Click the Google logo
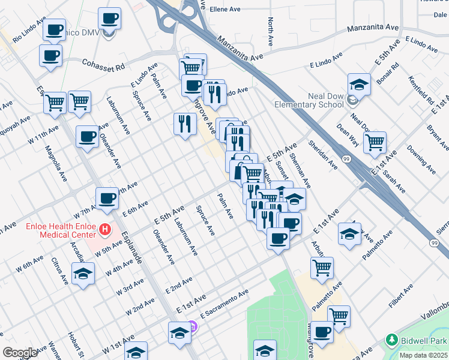pyautogui.click(x=19, y=353)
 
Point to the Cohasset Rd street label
pyautogui.click(x=103, y=62)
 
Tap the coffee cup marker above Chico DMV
pyautogui.click(x=109, y=19)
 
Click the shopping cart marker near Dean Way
pyautogui.click(x=375, y=143)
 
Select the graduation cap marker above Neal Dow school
pyautogui.click(x=359, y=85)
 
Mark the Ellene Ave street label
pyautogui.click(x=225, y=10)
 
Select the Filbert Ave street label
pyautogui.click(x=401, y=296)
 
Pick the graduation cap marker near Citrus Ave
pyautogui.click(x=83, y=275)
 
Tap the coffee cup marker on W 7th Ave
pyautogui.click(x=107, y=198)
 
